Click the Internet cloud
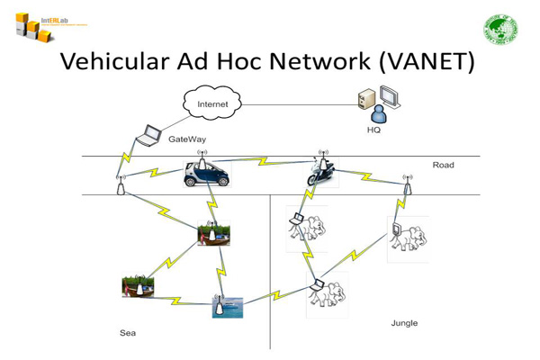click(x=213, y=104)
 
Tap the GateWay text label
click(x=187, y=139)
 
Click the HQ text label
click(x=373, y=130)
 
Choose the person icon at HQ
click(x=379, y=113)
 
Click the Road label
click(x=443, y=165)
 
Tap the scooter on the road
click(x=321, y=173)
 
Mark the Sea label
click(x=128, y=333)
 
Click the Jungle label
click(x=404, y=322)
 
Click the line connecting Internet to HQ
click(x=297, y=104)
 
